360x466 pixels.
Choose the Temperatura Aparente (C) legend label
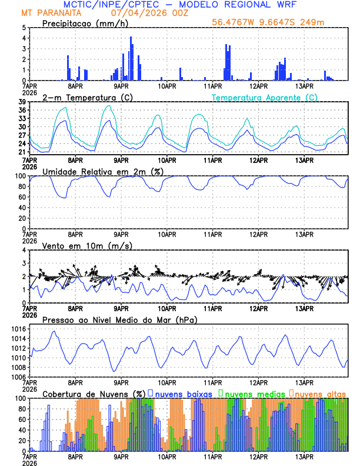pyautogui.click(x=265, y=97)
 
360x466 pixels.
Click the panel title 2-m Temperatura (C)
pyautogui.click(x=86, y=97)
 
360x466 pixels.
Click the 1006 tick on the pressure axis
pyautogui.click(x=18, y=377)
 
